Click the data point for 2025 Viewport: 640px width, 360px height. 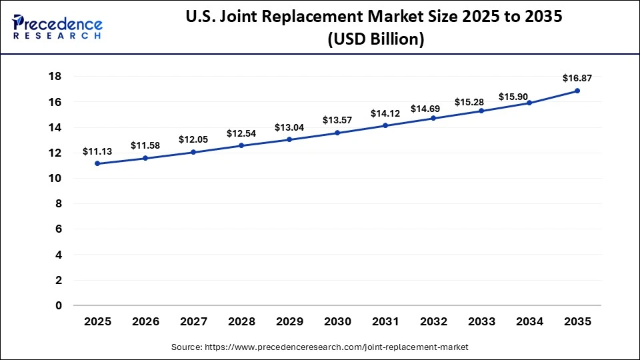pyautogui.click(x=98, y=163)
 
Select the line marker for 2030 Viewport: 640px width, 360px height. pyautogui.click(x=337, y=133)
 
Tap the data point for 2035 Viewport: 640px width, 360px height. pyautogui.click(x=577, y=91)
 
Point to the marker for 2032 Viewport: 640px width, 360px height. pyautogui.click(x=433, y=118)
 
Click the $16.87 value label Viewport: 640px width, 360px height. pyautogui.click(x=577, y=79)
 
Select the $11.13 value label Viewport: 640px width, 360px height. pyautogui.click(x=97, y=151)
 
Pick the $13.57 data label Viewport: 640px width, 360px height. pyautogui.click(x=337, y=120)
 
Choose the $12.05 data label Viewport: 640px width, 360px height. pyautogui.click(x=193, y=139)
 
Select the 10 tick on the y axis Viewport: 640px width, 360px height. pyautogui.click(x=55, y=178)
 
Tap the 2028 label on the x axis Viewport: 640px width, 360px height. pyautogui.click(x=241, y=322)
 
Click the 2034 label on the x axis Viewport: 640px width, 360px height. pyautogui.click(x=529, y=322)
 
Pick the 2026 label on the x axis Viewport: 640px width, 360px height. pyautogui.click(x=145, y=322)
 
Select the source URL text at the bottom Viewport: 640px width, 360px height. pyautogui.click(x=320, y=347)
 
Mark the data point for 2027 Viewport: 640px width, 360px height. pyautogui.click(x=193, y=152)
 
